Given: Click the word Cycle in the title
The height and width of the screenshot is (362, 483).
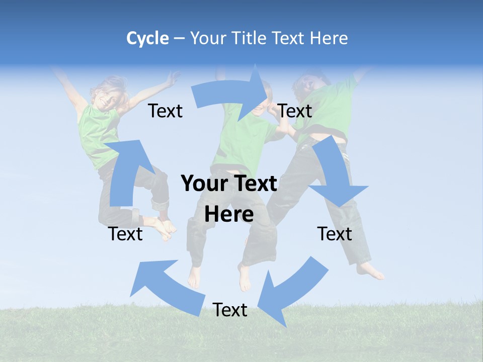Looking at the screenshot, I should [147, 38].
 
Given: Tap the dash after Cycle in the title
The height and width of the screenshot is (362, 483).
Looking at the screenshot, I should [179, 39].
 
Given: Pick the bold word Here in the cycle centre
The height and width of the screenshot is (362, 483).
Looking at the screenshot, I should [229, 214].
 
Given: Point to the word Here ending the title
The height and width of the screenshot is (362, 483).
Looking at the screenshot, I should [329, 38].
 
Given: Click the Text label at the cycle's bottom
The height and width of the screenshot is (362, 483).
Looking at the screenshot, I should [230, 310].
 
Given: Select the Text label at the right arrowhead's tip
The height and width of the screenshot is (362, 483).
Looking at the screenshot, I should [295, 111].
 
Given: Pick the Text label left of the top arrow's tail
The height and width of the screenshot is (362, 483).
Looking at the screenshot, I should [165, 111].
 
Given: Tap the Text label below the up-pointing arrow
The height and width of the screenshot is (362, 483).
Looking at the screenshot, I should [125, 234].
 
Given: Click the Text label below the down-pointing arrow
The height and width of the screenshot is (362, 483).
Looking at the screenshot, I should [335, 234].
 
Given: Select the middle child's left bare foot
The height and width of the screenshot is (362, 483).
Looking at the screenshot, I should [194, 277].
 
